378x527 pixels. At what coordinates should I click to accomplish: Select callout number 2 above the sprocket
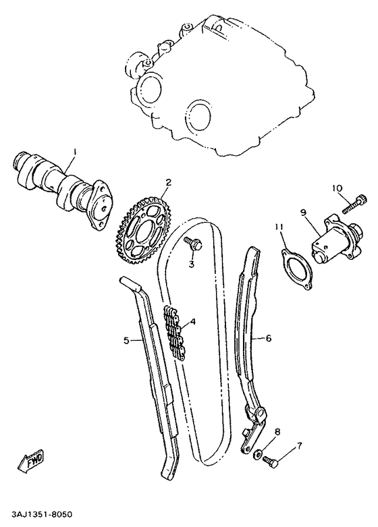[168, 182]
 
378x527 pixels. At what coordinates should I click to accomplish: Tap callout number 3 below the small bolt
[191, 265]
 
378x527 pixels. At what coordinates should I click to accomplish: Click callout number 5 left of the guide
[126, 340]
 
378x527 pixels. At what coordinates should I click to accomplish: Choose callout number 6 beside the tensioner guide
[268, 338]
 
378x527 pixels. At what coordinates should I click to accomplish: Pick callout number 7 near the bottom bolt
[300, 446]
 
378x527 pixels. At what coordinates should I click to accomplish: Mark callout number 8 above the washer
[277, 431]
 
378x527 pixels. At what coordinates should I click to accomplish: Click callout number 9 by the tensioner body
[304, 213]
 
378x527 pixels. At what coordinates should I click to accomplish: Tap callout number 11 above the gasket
[279, 227]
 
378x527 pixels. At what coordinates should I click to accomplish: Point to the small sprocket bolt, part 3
[193, 245]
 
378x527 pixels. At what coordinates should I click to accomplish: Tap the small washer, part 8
[260, 451]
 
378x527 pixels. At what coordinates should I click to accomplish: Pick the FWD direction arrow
[32, 462]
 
